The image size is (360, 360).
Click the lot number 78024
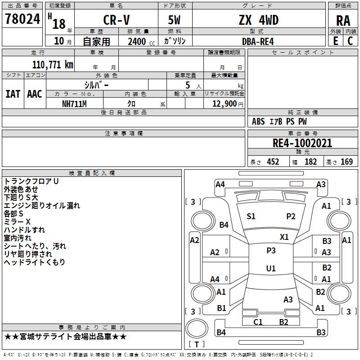click(22, 19)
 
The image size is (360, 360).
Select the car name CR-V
click(117, 20)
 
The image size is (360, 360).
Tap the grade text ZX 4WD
click(259, 20)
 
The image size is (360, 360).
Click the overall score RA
click(343, 21)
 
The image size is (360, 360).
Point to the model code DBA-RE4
click(258, 41)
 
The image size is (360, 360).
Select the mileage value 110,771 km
click(53, 64)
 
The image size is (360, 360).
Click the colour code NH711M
click(74, 104)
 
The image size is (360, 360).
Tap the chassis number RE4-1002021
click(302, 143)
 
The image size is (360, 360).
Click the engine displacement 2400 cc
click(141, 41)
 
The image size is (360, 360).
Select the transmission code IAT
click(13, 94)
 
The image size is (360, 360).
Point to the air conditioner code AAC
click(35, 94)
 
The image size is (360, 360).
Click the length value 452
click(273, 162)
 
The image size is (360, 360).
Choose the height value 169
click(346, 162)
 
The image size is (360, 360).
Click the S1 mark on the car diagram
click(251, 216)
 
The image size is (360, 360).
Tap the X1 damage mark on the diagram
click(284, 237)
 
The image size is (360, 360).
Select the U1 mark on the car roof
click(271, 268)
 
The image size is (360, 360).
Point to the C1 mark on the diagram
click(258, 322)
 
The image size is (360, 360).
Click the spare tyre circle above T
click(197, 328)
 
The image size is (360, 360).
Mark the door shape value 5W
click(174, 20)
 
